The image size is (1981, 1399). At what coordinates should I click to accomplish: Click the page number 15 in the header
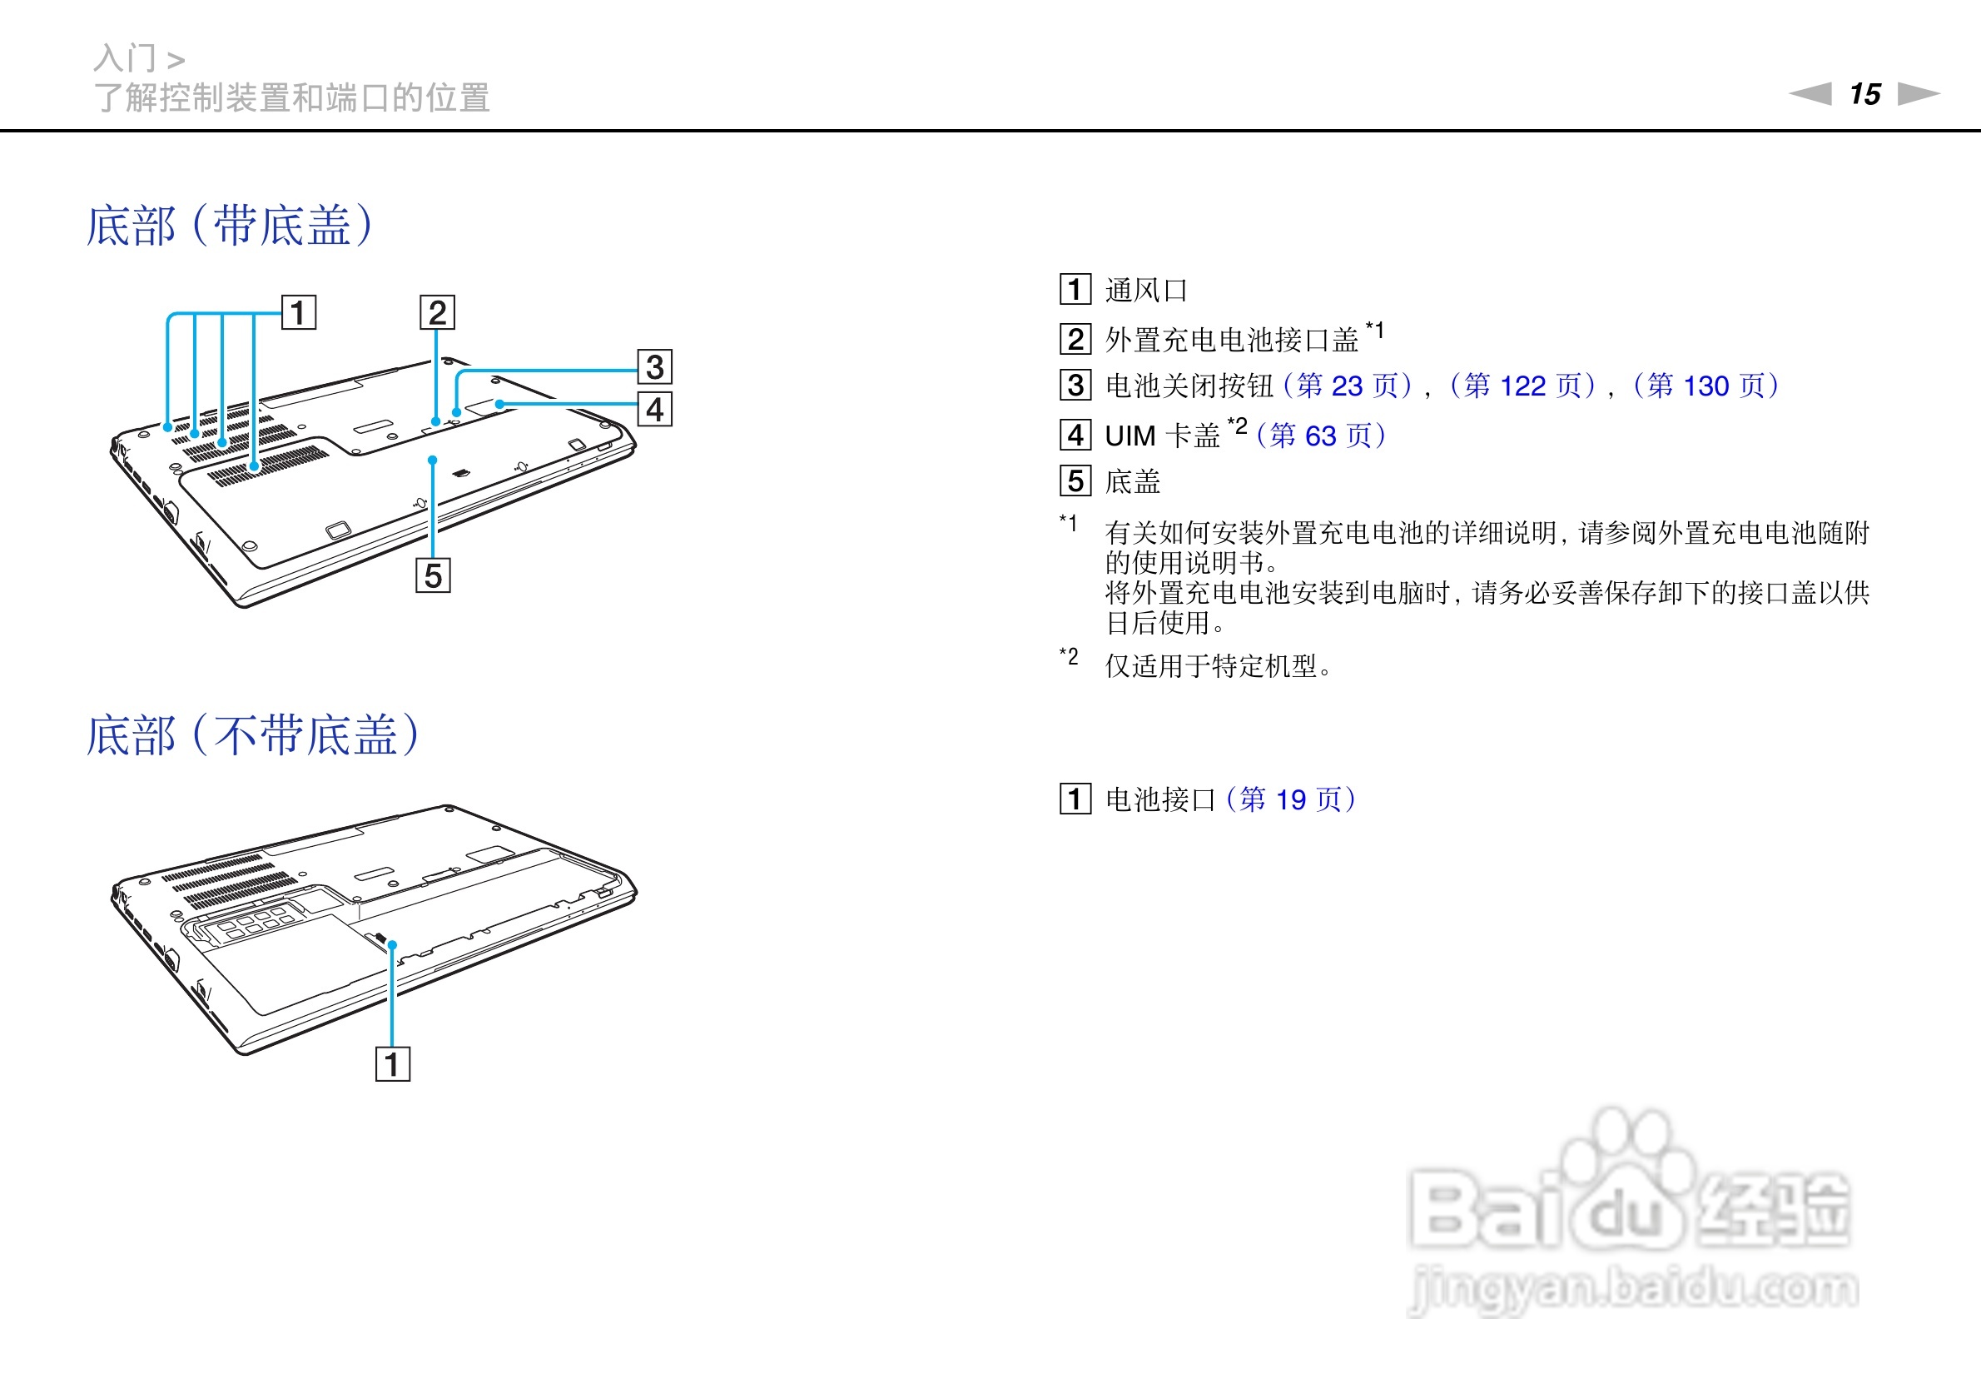[1864, 94]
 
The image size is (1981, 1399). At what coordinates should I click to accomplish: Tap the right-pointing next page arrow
[1919, 93]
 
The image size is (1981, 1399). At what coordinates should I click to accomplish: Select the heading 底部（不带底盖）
[253, 735]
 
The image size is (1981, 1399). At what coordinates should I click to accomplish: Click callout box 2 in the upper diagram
[438, 312]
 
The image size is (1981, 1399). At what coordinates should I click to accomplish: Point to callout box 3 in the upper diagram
[655, 366]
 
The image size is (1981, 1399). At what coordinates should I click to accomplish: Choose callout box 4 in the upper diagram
[655, 409]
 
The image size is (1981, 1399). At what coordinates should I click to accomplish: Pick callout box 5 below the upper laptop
[433, 575]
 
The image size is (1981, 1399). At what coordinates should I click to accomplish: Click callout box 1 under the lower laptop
[393, 1064]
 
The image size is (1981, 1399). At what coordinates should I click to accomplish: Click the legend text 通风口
[1146, 291]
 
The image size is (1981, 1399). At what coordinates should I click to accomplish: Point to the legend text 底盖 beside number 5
[1133, 481]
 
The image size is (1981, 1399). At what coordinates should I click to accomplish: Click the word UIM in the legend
[1130, 436]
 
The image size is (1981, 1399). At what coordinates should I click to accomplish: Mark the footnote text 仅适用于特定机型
[1217, 666]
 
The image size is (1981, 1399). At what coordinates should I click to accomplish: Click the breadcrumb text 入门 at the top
[125, 58]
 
